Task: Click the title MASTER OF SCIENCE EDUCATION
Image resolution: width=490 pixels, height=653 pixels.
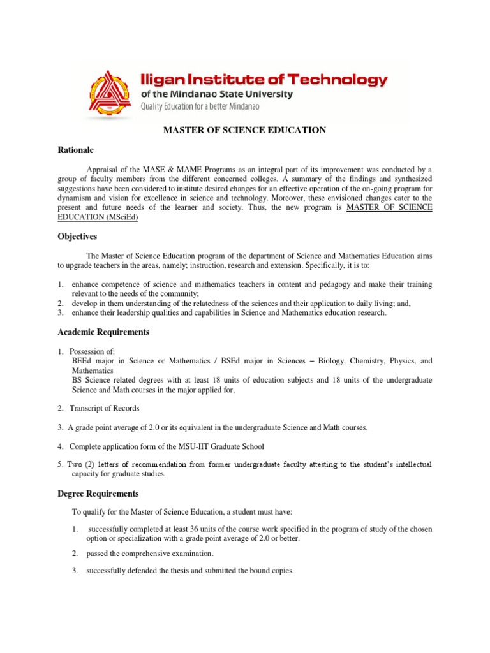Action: [245, 130]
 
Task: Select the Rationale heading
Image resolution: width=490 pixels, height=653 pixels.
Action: [75, 150]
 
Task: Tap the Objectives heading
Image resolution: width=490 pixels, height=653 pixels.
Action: [77, 237]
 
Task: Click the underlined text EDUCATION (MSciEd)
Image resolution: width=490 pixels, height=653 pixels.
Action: [98, 217]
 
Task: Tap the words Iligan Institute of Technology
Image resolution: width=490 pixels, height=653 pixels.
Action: [264, 80]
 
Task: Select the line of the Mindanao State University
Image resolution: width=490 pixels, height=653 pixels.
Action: [216, 94]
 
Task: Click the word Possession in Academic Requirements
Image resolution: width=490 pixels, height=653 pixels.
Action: [89, 351]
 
